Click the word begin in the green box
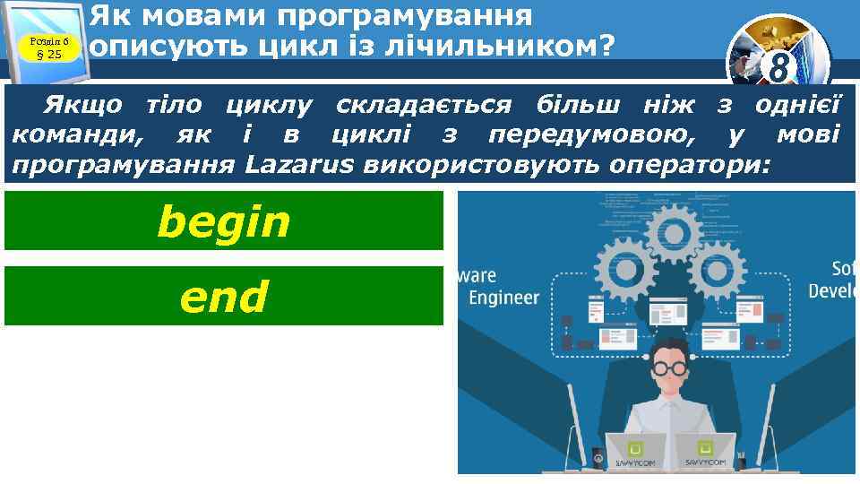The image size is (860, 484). [x=224, y=222]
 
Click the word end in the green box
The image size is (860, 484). [x=224, y=297]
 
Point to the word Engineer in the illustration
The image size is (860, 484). [x=505, y=298]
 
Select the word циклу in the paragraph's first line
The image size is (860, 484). [x=269, y=105]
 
